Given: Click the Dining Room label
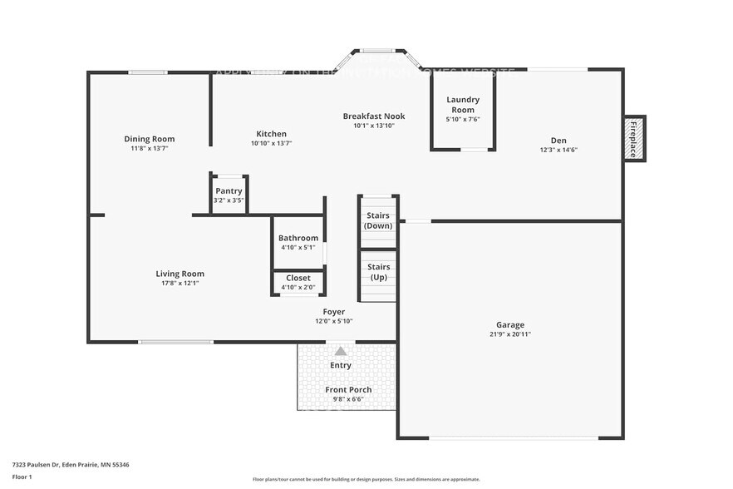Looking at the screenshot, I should [150, 139].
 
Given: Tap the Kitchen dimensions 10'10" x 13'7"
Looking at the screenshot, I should [271, 143].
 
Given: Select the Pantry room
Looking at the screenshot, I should [229, 195].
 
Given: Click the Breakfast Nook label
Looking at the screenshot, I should [373, 116].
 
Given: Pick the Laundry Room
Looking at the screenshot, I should [463, 110].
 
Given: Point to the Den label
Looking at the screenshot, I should [558, 140].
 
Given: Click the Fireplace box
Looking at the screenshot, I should [633, 138].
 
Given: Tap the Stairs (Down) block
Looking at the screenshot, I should [378, 221].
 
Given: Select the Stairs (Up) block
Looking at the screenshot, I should [378, 272].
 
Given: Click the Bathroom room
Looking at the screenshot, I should [298, 242].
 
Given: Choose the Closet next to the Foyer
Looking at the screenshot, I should [298, 282].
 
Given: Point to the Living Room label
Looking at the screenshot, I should [180, 274].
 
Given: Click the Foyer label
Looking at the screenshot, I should [334, 312].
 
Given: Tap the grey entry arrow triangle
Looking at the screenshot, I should [341, 351].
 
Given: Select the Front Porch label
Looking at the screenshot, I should [348, 389].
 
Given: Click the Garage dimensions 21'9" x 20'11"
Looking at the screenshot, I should [510, 334].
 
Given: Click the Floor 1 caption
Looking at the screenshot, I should [22, 477].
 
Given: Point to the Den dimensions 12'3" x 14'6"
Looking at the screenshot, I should [558, 150].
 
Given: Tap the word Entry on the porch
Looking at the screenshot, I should [341, 365].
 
